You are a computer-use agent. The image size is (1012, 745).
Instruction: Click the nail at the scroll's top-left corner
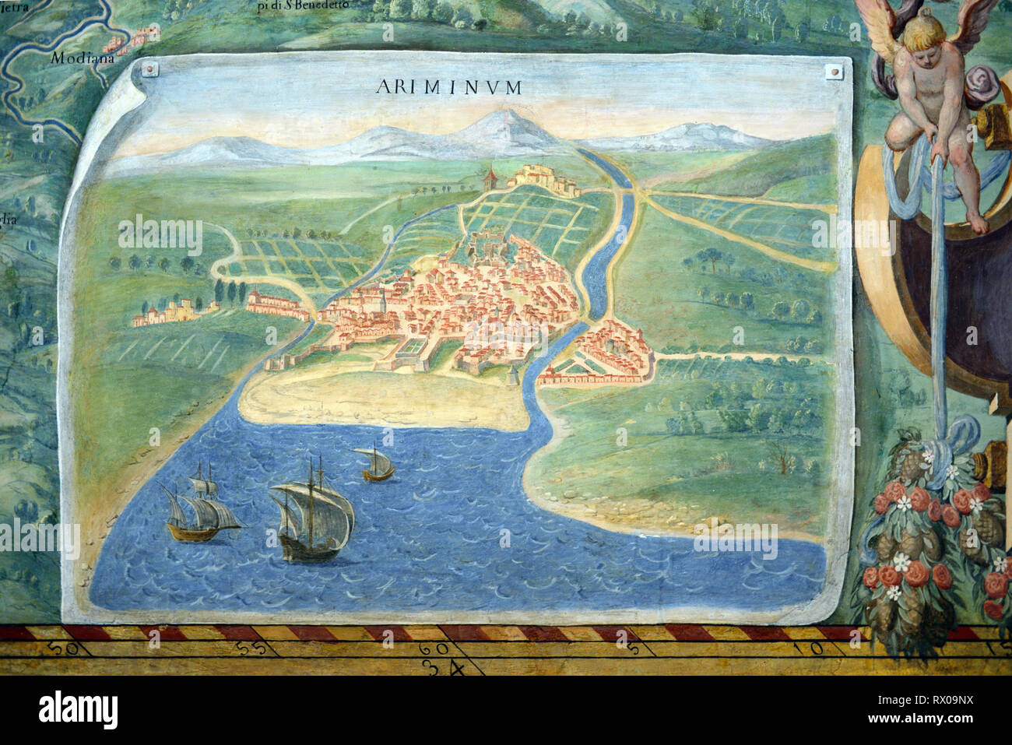pyautogui.click(x=150, y=71)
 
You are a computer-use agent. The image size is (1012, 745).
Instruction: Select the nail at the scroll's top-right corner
pyautogui.click(x=834, y=72)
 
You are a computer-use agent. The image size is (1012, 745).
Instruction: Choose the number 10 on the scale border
pyautogui.click(x=799, y=647)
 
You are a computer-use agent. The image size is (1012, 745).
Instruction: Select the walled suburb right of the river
pyautogui.click(x=603, y=354)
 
